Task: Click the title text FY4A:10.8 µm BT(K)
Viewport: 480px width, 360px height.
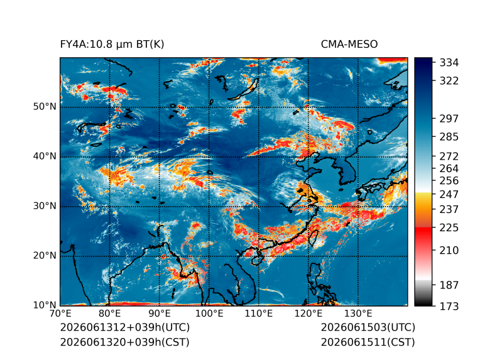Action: (112, 45)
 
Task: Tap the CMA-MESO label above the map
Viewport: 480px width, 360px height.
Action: (349, 45)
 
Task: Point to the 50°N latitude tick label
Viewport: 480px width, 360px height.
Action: (45, 107)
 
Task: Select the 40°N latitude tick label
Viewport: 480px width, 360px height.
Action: (45, 156)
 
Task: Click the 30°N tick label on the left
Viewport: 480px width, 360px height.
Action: (45, 205)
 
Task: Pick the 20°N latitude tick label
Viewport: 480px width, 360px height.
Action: (45, 255)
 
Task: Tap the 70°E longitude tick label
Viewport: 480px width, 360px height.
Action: (60, 314)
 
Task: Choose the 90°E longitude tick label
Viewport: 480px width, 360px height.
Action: (159, 314)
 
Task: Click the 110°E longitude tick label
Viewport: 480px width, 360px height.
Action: (258, 314)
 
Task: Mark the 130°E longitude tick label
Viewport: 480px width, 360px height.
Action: (358, 314)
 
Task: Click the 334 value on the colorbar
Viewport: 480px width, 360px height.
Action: (449, 63)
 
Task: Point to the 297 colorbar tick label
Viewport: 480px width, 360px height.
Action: (449, 119)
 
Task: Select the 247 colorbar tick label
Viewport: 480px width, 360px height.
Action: (449, 194)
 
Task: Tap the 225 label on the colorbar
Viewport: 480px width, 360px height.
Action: (449, 228)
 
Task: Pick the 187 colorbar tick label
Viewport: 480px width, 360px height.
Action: (449, 285)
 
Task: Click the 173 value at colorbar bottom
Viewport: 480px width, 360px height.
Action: (449, 306)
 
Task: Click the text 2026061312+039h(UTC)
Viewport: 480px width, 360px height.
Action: (125, 327)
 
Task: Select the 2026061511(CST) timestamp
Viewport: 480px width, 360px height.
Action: (368, 342)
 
